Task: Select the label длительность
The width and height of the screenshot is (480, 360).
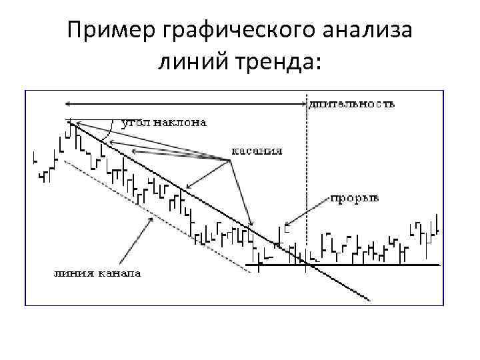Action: coord(352,103)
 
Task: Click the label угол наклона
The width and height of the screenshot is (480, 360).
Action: coord(164,122)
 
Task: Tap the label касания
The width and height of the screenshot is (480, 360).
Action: coord(257,151)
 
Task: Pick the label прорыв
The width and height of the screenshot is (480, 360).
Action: coord(355,198)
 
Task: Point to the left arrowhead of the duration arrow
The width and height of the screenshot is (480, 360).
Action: coord(67,103)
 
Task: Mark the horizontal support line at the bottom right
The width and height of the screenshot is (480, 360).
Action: coord(373,265)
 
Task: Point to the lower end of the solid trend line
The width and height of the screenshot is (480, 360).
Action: coord(368,300)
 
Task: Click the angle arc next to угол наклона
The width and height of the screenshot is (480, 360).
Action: coord(109,131)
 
